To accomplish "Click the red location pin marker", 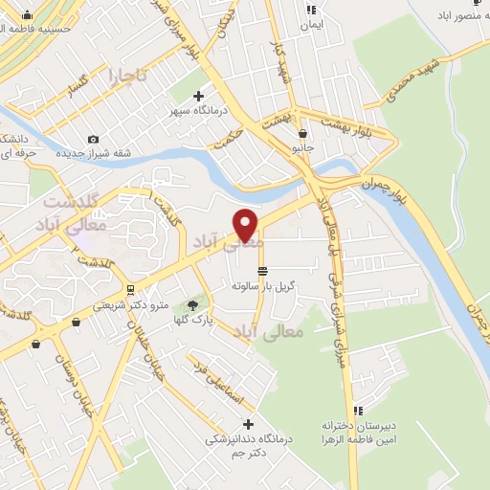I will [246, 225].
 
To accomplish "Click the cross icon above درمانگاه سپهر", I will [198, 96].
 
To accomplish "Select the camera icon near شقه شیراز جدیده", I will [93, 140].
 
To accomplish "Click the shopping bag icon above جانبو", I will [302, 134].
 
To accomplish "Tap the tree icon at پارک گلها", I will [193, 304].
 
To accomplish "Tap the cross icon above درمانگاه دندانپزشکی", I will [249, 424].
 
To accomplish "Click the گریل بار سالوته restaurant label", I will [263, 285].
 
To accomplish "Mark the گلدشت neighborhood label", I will [71, 203].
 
